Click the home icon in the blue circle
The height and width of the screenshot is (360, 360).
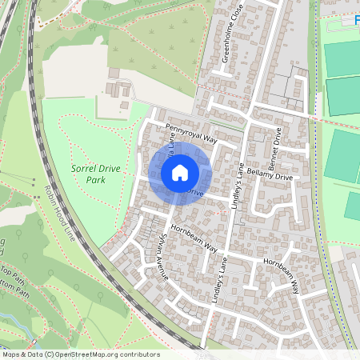click(180, 172)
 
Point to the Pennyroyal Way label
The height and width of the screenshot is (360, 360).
click(192, 133)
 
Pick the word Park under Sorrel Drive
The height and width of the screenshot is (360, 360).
click(95, 180)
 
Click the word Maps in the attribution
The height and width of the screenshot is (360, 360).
click(12, 354)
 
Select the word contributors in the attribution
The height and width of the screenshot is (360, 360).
click(138, 354)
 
